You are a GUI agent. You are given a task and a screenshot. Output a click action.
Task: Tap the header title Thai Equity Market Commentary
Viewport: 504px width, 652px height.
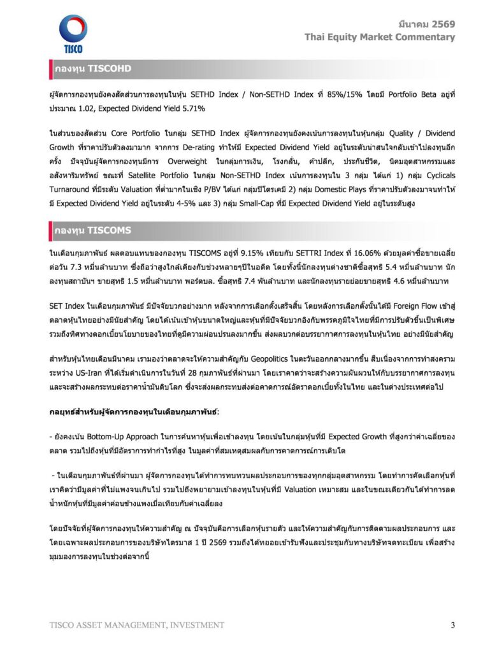[x=380, y=37]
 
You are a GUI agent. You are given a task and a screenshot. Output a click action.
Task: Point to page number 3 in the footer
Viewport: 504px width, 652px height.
[x=452, y=625]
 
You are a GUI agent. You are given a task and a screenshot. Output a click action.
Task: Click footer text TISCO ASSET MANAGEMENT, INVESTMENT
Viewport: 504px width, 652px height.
[x=136, y=625]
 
